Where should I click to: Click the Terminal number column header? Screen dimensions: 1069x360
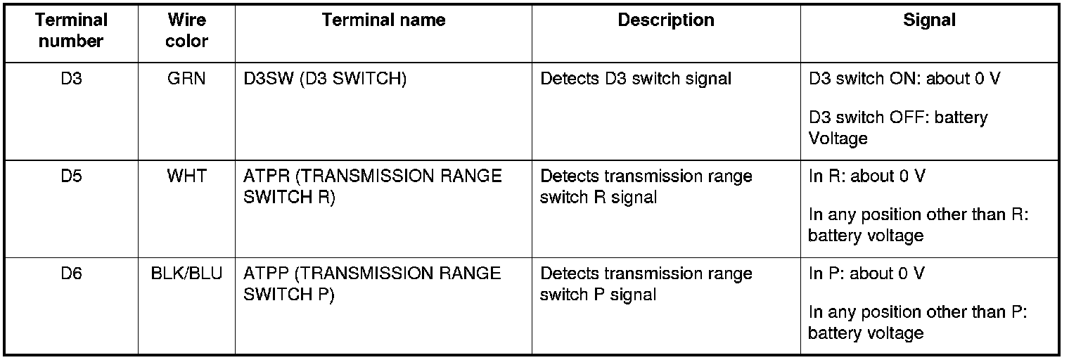[x=71, y=31]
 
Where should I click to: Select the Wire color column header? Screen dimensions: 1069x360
[x=186, y=31]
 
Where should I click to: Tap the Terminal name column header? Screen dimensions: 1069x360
[x=383, y=20]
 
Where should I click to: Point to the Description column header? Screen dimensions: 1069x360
[x=665, y=20]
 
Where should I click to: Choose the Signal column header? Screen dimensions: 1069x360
[x=929, y=20]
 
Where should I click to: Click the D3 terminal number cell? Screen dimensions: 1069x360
[x=71, y=79]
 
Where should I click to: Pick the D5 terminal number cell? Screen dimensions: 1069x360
[x=71, y=176]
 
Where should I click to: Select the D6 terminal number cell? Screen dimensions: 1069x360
[x=71, y=273]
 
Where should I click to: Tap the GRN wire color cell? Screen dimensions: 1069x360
[x=186, y=79]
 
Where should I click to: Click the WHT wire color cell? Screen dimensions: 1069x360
[x=186, y=176]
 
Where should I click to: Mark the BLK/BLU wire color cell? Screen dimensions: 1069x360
[x=186, y=273]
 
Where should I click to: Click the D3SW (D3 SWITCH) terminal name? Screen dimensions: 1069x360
[x=324, y=79]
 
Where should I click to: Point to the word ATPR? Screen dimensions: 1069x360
[x=266, y=176]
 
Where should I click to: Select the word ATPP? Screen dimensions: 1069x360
[x=266, y=273]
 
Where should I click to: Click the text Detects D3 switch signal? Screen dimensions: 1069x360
[x=635, y=79]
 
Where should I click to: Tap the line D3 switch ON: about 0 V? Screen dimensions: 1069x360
[x=904, y=79]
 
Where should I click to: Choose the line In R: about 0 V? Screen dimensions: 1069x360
[x=866, y=176]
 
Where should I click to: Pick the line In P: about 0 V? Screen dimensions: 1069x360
[x=866, y=273]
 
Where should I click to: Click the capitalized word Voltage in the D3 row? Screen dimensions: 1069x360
[x=838, y=139]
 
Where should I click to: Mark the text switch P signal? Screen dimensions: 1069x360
[x=598, y=295]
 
